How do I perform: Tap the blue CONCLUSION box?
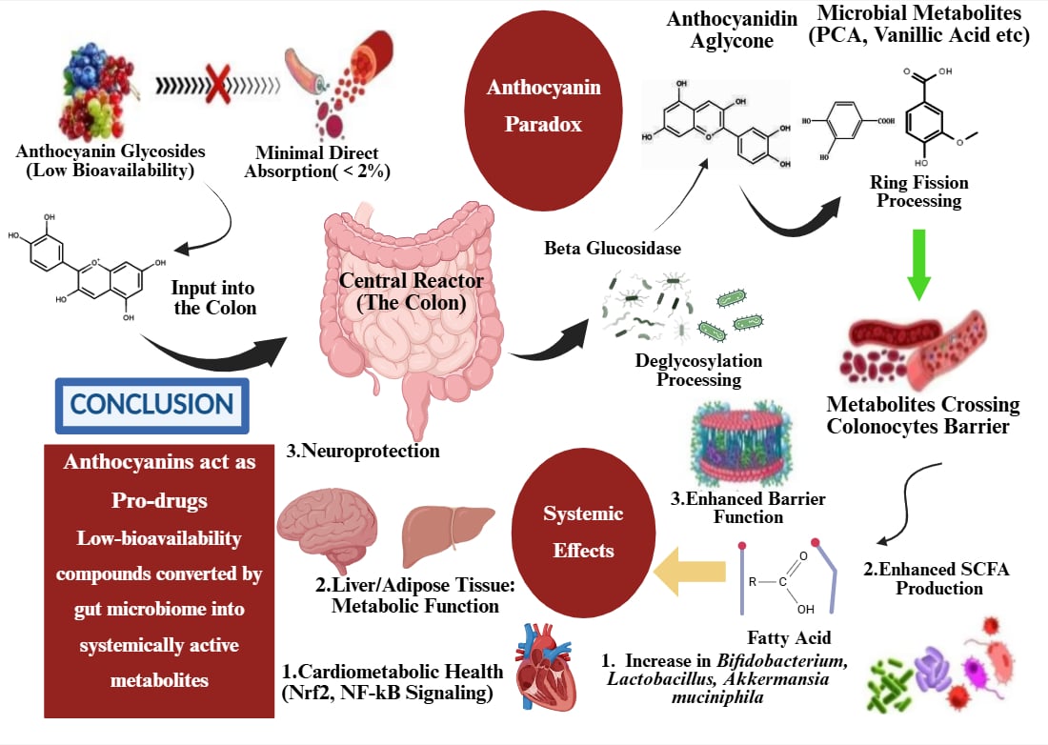pyautogui.click(x=152, y=405)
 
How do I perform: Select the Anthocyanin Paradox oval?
pyautogui.click(x=544, y=106)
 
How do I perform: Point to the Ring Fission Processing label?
pyautogui.click(x=919, y=191)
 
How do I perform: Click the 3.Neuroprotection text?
pyautogui.click(x=364, y=451)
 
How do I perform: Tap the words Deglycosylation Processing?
pyautogui.click(x=698, y=370)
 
